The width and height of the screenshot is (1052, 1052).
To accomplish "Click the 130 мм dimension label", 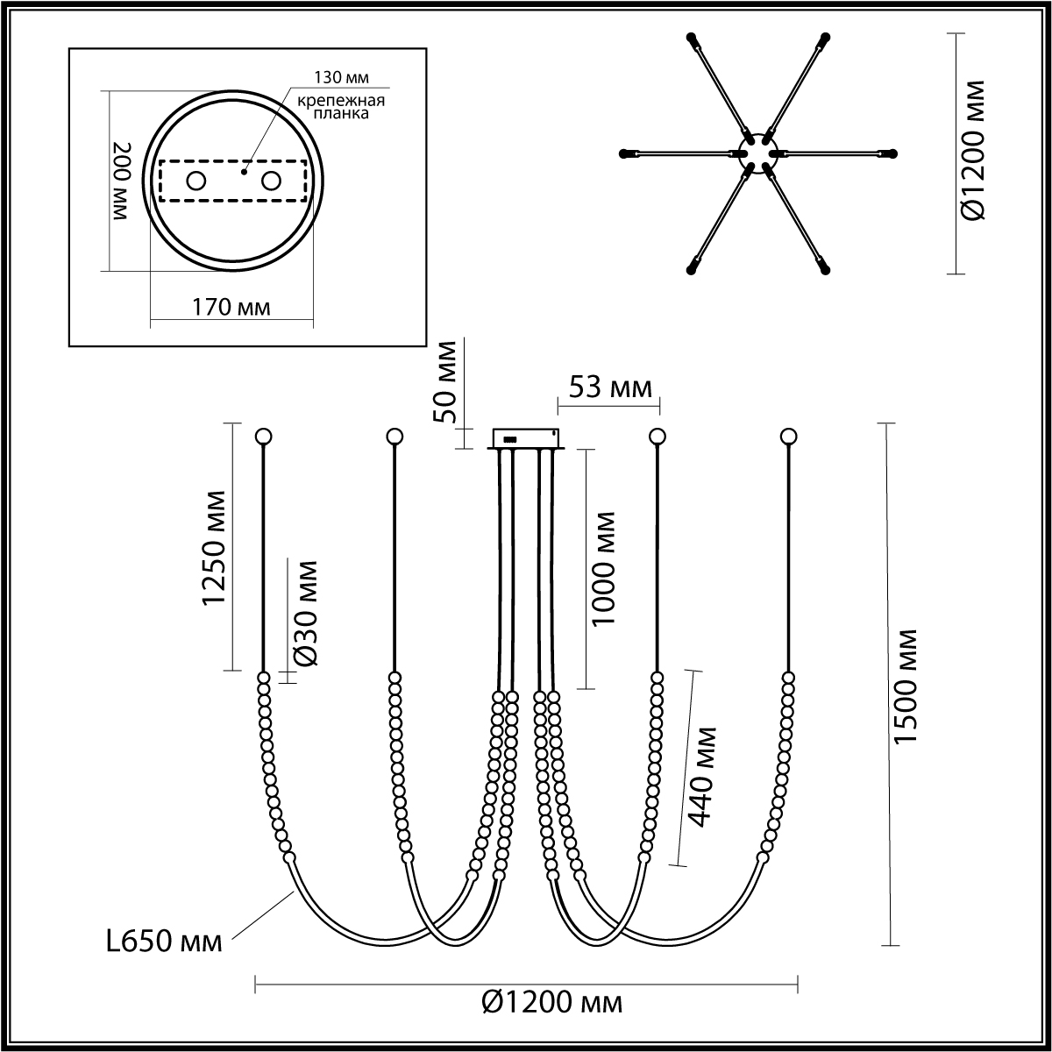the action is click(341, 77).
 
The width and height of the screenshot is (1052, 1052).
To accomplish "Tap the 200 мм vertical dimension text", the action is click(122, 181).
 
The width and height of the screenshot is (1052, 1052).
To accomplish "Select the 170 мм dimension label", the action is click(231, 308).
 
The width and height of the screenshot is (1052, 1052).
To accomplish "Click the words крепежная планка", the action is click(341, 107).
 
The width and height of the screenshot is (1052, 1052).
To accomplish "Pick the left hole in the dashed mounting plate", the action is click(196, 181).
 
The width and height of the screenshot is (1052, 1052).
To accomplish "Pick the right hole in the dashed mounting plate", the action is click(271, 181).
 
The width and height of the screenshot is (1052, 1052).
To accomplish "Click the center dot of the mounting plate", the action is click(244, 172).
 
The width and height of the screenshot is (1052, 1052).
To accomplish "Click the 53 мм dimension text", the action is click(610, 387).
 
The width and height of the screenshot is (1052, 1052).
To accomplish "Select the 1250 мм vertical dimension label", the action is click(214, 548).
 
